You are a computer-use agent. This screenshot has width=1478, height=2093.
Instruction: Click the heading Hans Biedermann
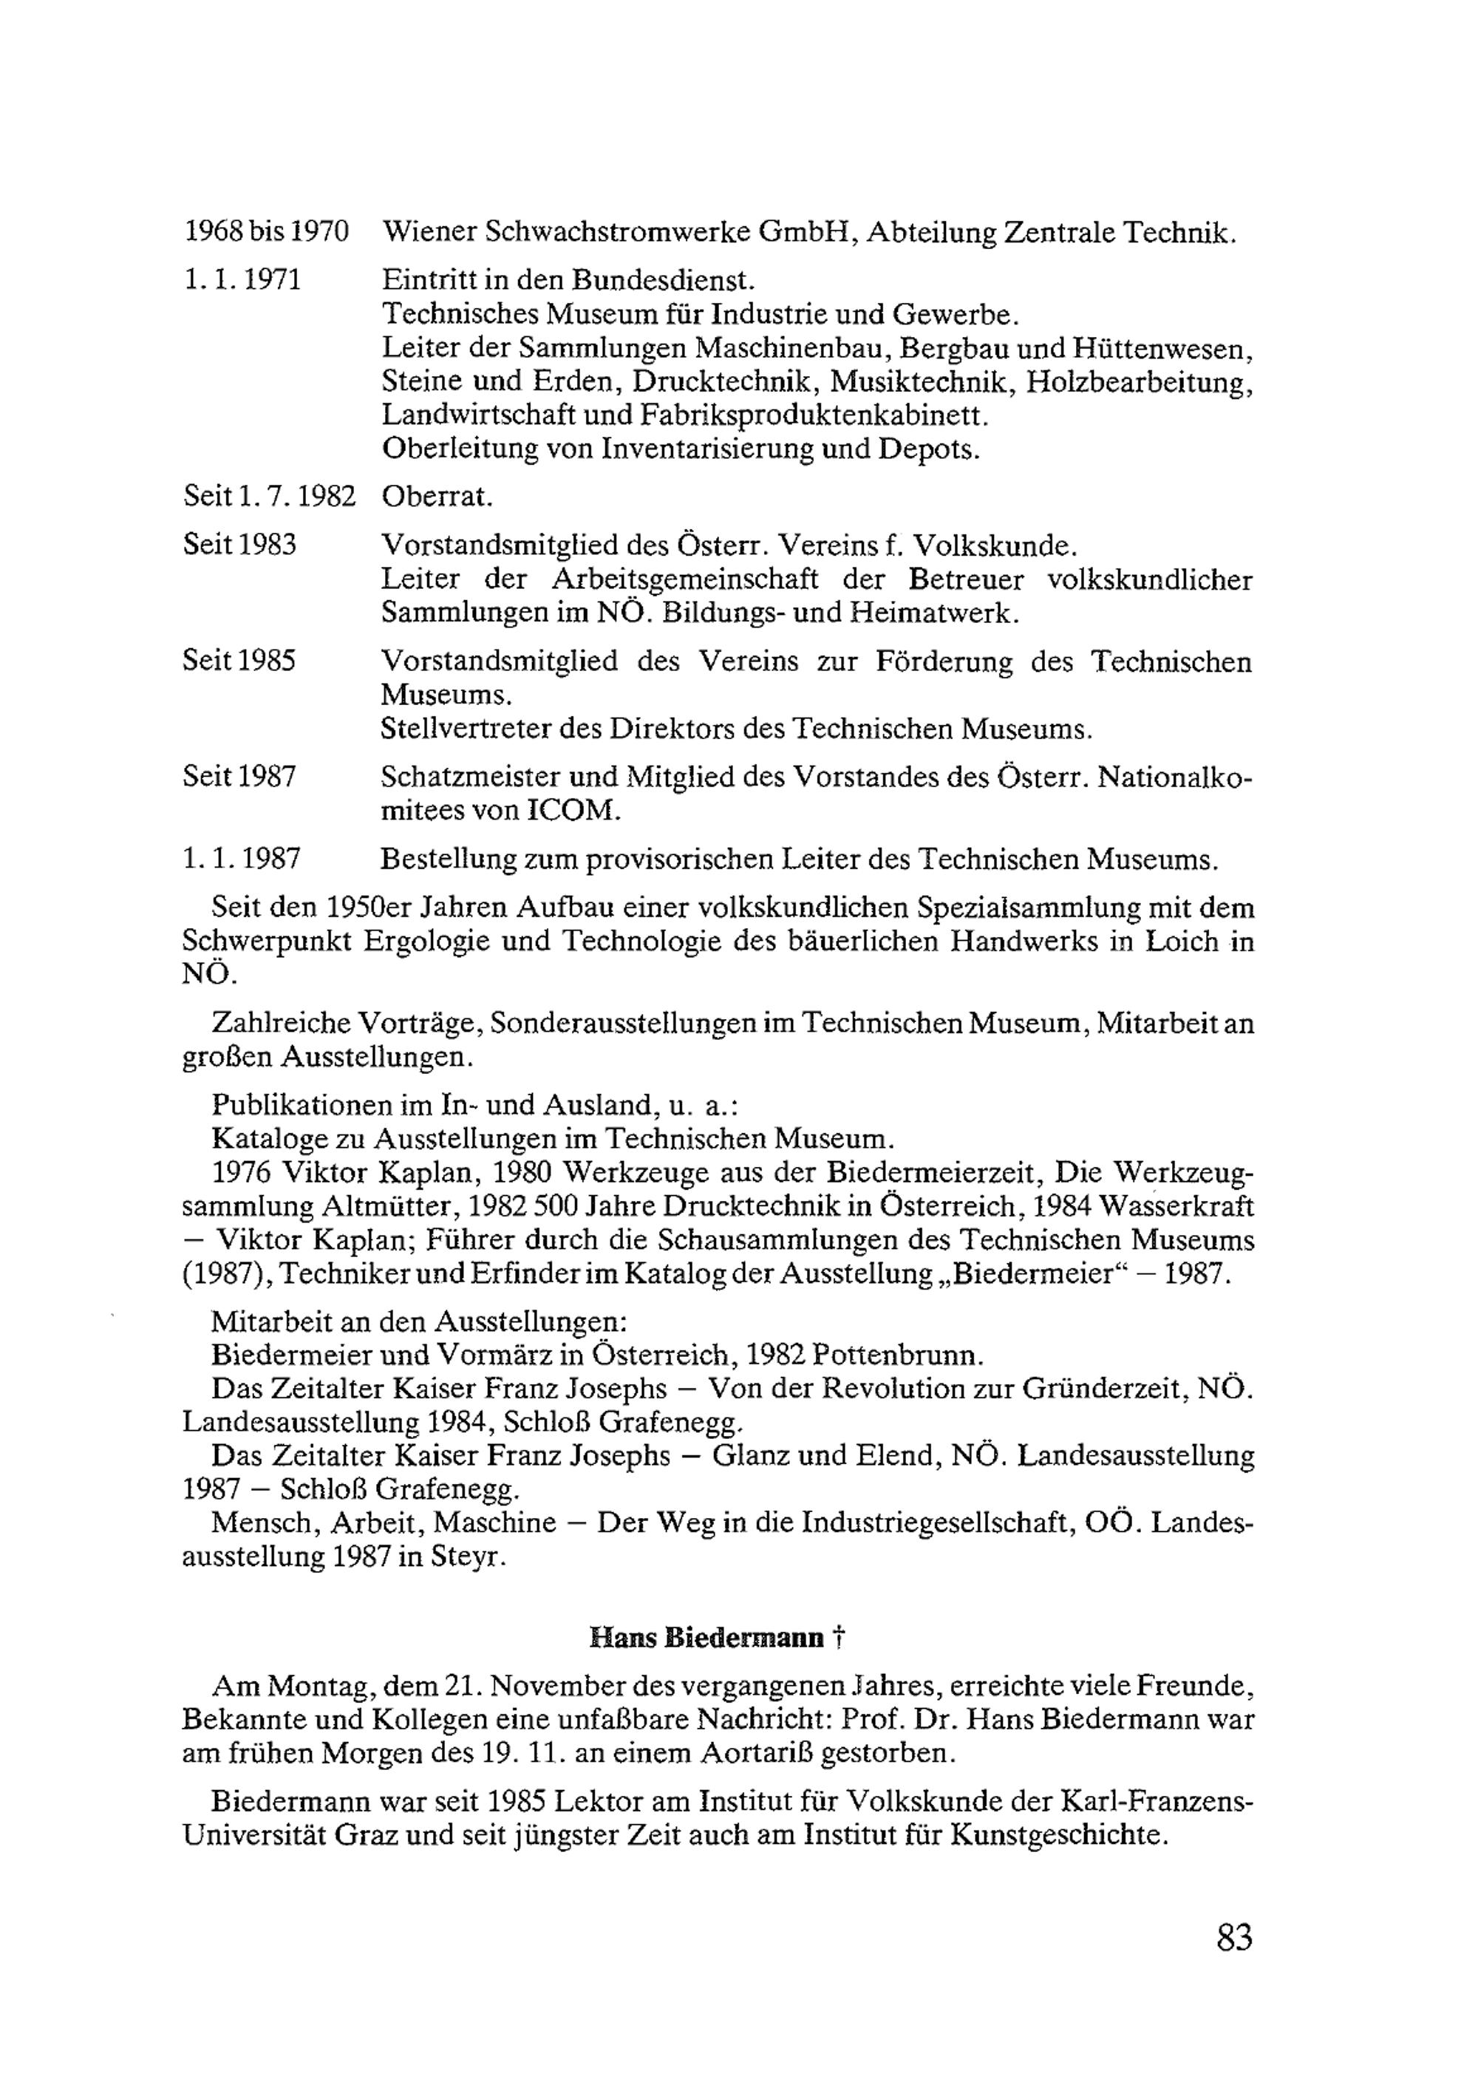click(x=706, y=1637)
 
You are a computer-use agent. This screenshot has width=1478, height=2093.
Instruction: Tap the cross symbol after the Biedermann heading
click(x=838, y=1637)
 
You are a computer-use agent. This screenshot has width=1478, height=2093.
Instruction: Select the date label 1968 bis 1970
click(x=266, y=233)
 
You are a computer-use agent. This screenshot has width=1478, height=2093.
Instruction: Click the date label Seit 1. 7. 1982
click(x=269, y=497)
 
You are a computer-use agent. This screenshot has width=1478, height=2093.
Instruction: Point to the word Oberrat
click(x=437, y=497)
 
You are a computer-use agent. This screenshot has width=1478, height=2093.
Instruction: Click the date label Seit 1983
click(x=239, y=545)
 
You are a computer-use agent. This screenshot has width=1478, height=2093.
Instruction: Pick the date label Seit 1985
click(x=239, y=660)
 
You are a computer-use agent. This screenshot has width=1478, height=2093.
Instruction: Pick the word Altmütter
click(x=386, y=1207)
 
